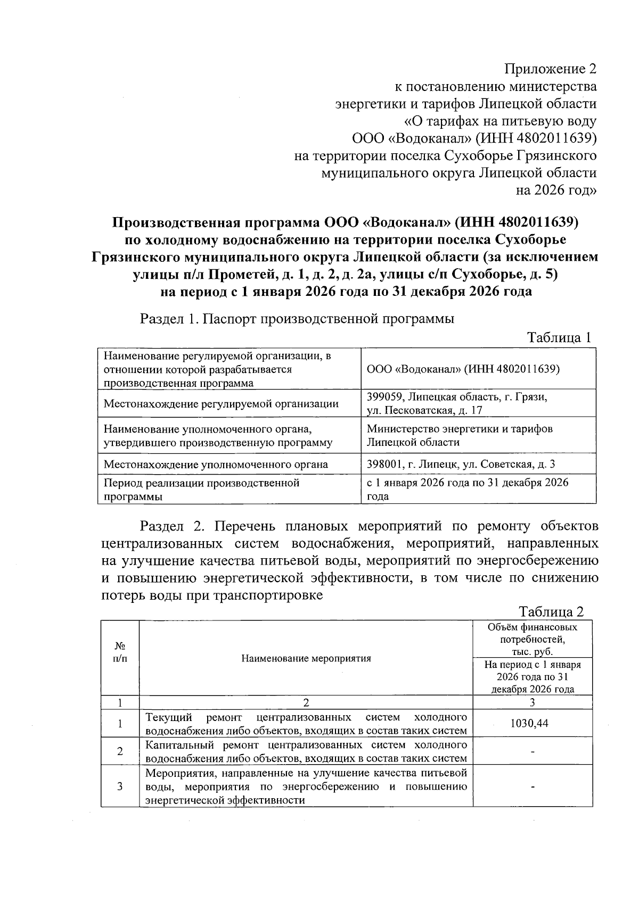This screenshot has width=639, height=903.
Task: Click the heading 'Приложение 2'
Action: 551,69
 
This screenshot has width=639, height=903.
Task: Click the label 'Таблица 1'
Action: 559,338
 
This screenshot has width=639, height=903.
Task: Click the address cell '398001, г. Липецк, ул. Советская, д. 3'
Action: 461,464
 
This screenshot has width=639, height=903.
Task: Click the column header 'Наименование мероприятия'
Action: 306,659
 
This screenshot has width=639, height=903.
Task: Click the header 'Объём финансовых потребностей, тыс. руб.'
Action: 532,639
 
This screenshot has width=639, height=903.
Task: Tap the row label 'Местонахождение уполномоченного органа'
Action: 216,464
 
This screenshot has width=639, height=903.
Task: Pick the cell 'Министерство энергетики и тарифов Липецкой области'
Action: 460,435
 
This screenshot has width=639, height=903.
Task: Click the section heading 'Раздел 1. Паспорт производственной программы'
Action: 297,319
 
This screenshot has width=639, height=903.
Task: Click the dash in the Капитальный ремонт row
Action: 532,751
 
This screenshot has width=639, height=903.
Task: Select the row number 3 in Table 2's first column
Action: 120,786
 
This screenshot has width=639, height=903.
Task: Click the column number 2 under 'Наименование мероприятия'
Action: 306,702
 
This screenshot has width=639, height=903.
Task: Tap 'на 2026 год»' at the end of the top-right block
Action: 556,190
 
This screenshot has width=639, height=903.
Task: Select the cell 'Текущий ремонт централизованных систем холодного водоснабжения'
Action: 306,724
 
